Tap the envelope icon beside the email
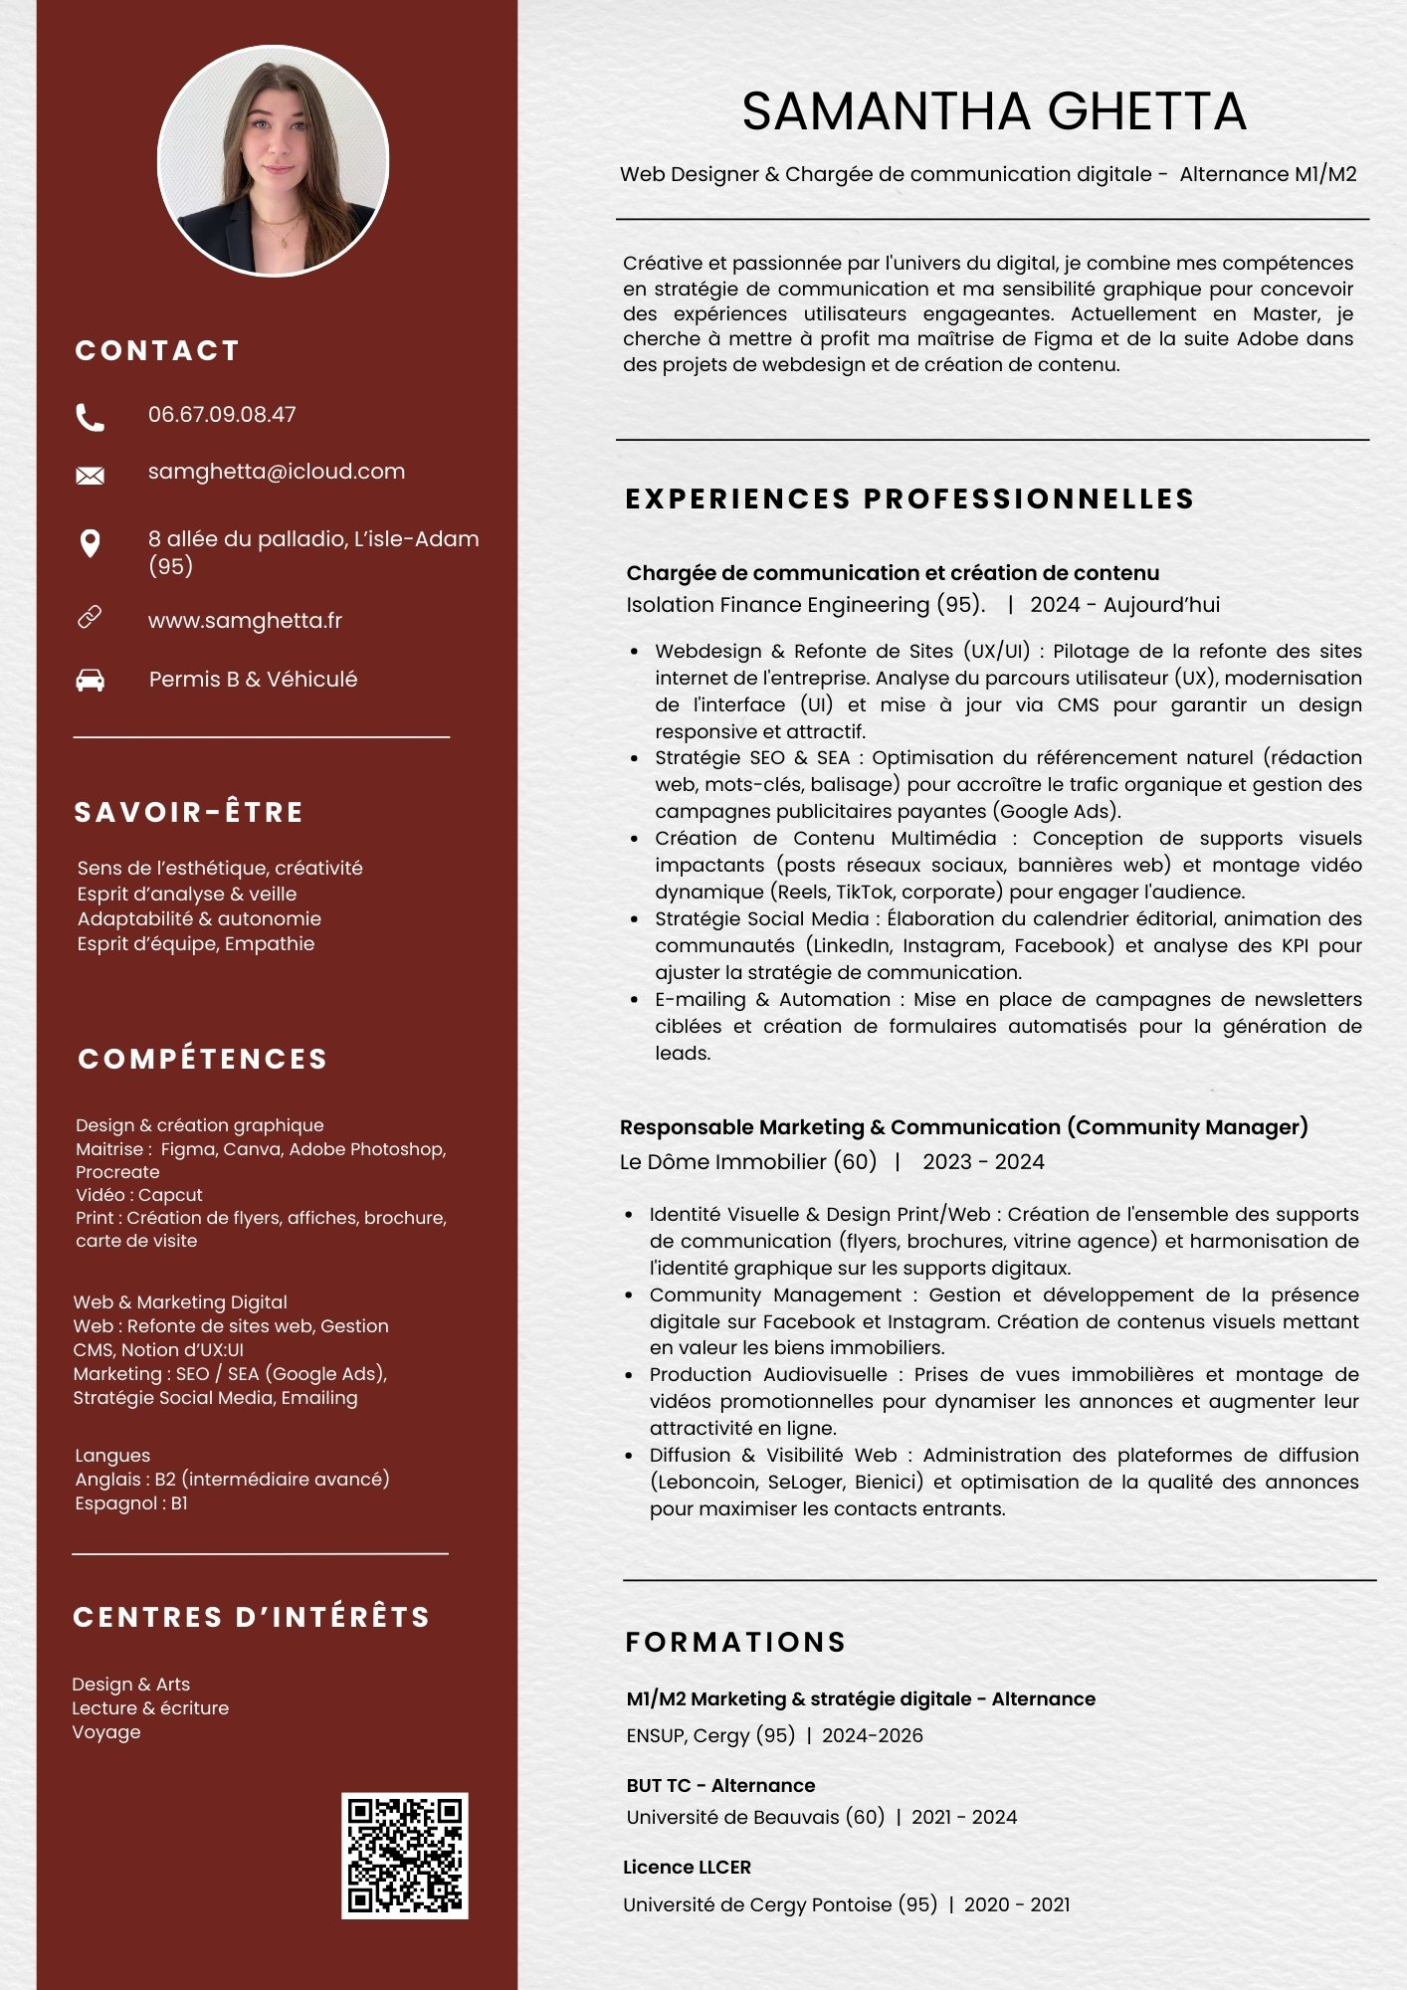point(91,476)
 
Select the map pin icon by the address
point(91,543)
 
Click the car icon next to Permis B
point(91,681)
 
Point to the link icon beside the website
point(91,618)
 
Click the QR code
point(405,1856)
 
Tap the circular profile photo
point(274,160)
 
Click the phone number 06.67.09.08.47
point(222,415)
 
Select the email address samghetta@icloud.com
point(277,472)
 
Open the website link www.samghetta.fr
point(245,621)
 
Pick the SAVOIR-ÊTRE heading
point(189,813)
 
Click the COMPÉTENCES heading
point(203,1059)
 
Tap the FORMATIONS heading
point(736,1642)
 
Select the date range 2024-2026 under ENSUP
point(873,1736)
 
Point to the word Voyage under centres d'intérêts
point(106,1732)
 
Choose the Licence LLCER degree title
point(687,1868)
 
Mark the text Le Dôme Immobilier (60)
point(748,1162)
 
